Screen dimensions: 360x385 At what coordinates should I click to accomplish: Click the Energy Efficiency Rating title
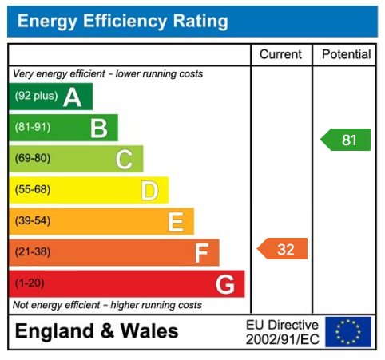(122, 22)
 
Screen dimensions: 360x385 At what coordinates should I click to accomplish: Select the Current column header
(281, 54)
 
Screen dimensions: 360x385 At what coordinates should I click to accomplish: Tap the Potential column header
(346, 54)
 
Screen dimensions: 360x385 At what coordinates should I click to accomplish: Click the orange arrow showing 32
(283, 249)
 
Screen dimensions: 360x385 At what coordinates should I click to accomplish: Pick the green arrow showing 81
(346, 140)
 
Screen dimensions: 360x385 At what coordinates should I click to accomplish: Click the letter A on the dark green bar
(73, 97)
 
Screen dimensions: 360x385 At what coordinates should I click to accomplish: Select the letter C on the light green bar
(124, 160)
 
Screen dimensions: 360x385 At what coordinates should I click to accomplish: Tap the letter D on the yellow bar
(149, 191)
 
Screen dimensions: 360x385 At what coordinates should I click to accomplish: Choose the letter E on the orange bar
(175, 222)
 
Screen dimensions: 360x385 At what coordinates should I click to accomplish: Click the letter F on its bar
(201, 253)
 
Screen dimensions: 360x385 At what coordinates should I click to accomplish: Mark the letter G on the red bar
(225, 284)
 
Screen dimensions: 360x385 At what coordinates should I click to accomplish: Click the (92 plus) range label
(36, 97)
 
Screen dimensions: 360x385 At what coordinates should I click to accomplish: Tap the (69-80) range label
(32, 159)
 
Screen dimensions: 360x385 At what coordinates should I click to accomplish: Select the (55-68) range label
(32, 190)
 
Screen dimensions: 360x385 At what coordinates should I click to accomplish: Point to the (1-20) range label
(30, 283)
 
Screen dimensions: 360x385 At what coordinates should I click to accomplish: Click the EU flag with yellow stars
(348, 331)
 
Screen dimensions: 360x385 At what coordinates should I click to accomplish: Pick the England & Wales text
(97, 331)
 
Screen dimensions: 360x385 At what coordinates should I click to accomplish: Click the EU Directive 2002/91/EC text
(282, 331)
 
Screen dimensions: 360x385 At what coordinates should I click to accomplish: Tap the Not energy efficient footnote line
(107, 305)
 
